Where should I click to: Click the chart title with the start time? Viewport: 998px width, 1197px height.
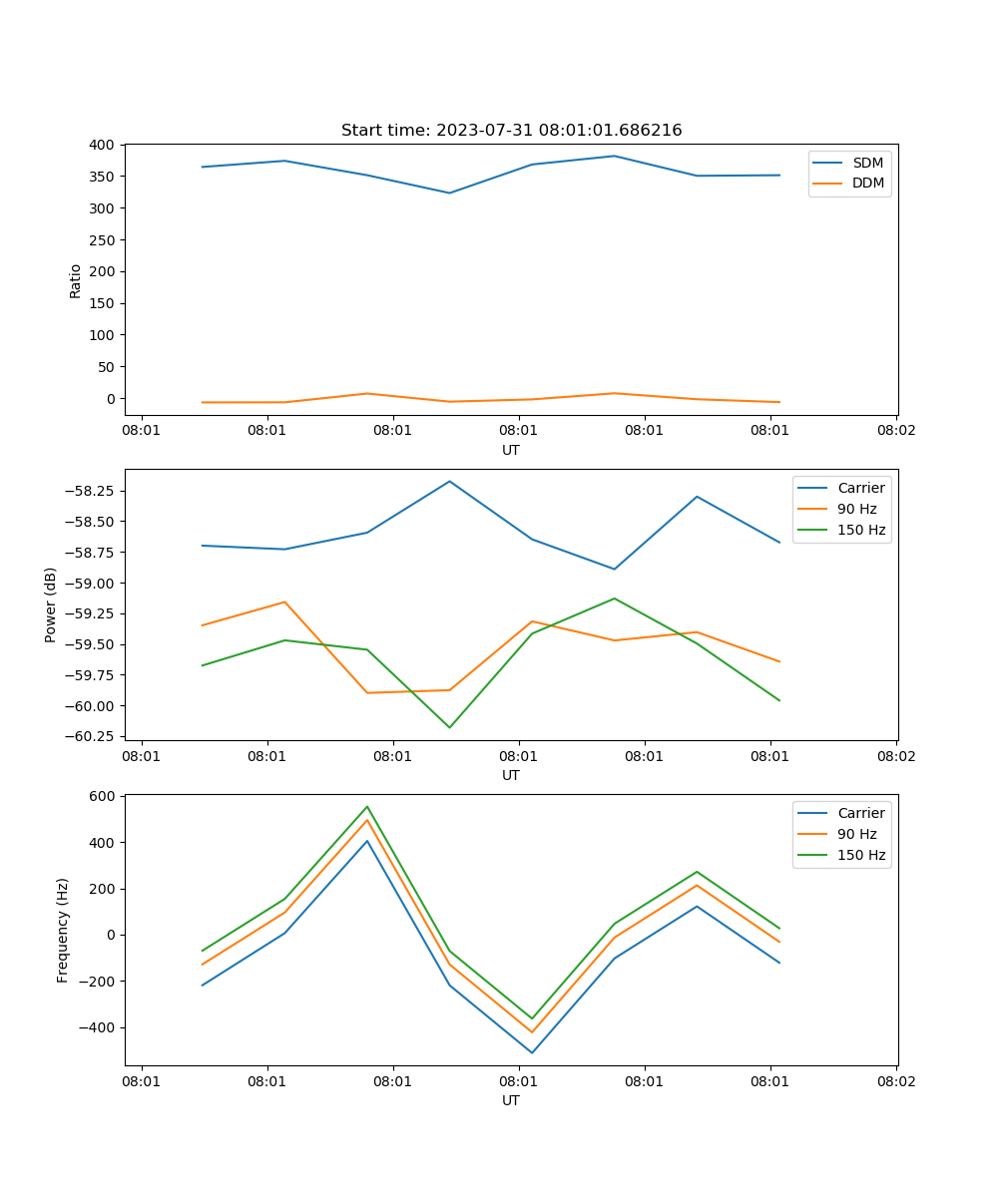pos(511,131)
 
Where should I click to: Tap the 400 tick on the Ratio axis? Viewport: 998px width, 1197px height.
pos(101,145)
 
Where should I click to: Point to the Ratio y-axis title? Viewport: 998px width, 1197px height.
pos(76,280)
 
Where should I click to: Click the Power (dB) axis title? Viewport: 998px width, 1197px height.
pos(51,604)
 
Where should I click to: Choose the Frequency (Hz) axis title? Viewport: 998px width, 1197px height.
pos(63,930)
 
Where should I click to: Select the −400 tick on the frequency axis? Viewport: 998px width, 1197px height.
pos(96,1027)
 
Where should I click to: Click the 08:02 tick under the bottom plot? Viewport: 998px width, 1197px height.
pos(895,1080)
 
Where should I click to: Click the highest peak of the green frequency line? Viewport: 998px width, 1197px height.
pos(366,807)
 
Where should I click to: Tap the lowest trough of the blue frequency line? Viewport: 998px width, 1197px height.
pos(532,1052)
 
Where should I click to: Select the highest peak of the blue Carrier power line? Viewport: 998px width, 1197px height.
pos(449,482)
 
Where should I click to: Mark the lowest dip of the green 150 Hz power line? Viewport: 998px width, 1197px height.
pos(449,727)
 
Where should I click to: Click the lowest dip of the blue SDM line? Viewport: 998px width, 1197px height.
pos(449,193)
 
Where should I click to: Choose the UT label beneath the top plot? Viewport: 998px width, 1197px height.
pos(511,450)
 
